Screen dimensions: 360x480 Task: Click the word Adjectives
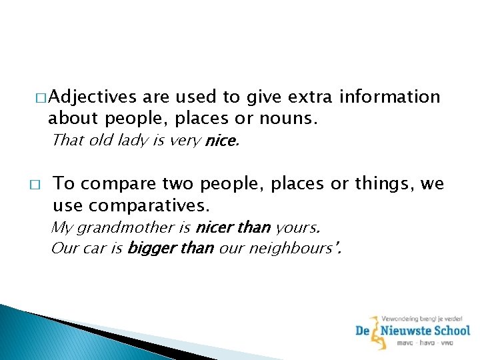(x=92, y=97)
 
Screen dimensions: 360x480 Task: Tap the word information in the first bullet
(x=390, y=97)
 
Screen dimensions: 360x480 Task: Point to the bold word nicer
(x=214, y=227)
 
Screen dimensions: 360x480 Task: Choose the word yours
(x=297, y=227)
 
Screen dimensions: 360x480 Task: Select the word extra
(x=311, y=97)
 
